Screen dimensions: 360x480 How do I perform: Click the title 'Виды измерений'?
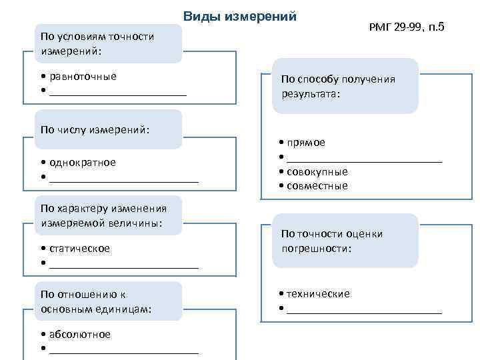click(x=239, y=17)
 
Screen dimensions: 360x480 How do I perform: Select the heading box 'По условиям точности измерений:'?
click(x=103, y=43)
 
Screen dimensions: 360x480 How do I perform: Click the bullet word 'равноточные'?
click(x=83, y=76)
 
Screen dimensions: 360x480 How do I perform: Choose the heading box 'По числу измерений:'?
click(x=103, y=129)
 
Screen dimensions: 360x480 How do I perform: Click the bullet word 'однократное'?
click(x=82, y=162)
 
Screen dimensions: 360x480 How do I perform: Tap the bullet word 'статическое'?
click(x=79, y=248)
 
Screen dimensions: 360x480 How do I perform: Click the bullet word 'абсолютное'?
click(x=79, y=334)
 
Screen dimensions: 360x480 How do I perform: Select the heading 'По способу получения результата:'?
click(x=345, y=86)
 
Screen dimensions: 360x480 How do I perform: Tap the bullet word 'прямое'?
click(x=306, y=142)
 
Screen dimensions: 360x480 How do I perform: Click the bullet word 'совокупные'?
click(x=317, y=171)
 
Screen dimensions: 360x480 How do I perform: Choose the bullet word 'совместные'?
click(x=317, y=186)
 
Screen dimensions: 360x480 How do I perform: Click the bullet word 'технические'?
click(x=318, y=293)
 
